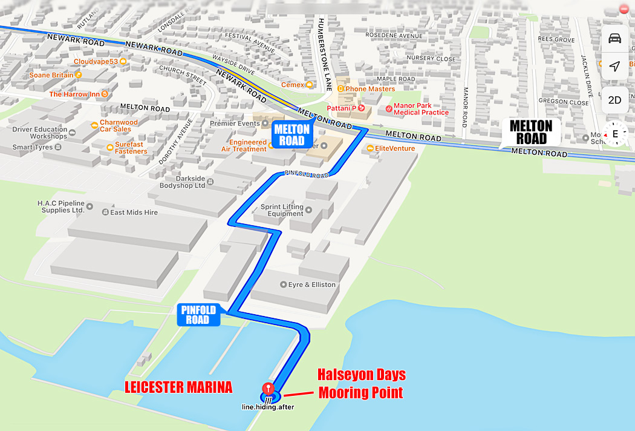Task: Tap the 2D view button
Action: point(614,100)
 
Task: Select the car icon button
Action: point(614,39)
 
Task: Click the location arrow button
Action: point(614,66)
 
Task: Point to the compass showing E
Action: point(615,134)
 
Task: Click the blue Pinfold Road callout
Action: point(198,315)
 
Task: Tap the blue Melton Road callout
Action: point(292,134)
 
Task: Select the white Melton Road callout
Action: point(531,132)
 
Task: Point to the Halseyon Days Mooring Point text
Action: point(362,383)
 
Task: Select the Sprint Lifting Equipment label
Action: point(282,210)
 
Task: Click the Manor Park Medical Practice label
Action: point(421,109)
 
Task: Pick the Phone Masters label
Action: point(370,89)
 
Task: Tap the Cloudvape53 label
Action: point(96,61)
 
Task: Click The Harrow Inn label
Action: point(74,94)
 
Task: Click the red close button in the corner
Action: point(625,9)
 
